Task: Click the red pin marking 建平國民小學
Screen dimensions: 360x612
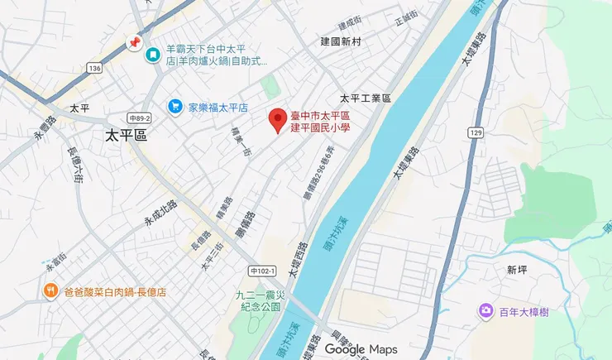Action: pos(279,121)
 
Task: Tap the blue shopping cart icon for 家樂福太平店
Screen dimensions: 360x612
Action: pos(175,106)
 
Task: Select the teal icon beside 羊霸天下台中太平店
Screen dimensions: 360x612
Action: pos(153,55)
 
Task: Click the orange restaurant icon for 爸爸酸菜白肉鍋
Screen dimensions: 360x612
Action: pos(50,291)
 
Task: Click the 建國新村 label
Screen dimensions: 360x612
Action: pos(343,41)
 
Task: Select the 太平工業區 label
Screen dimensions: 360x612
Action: pos(365,98)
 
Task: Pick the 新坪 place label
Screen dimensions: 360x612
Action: pos(518,270)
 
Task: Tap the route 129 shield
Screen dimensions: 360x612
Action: pos(474,133)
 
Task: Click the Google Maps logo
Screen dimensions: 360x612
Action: pos(361,349)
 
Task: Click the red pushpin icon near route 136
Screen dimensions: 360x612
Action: pos(132,42)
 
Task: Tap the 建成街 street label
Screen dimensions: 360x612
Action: pos(350,21)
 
